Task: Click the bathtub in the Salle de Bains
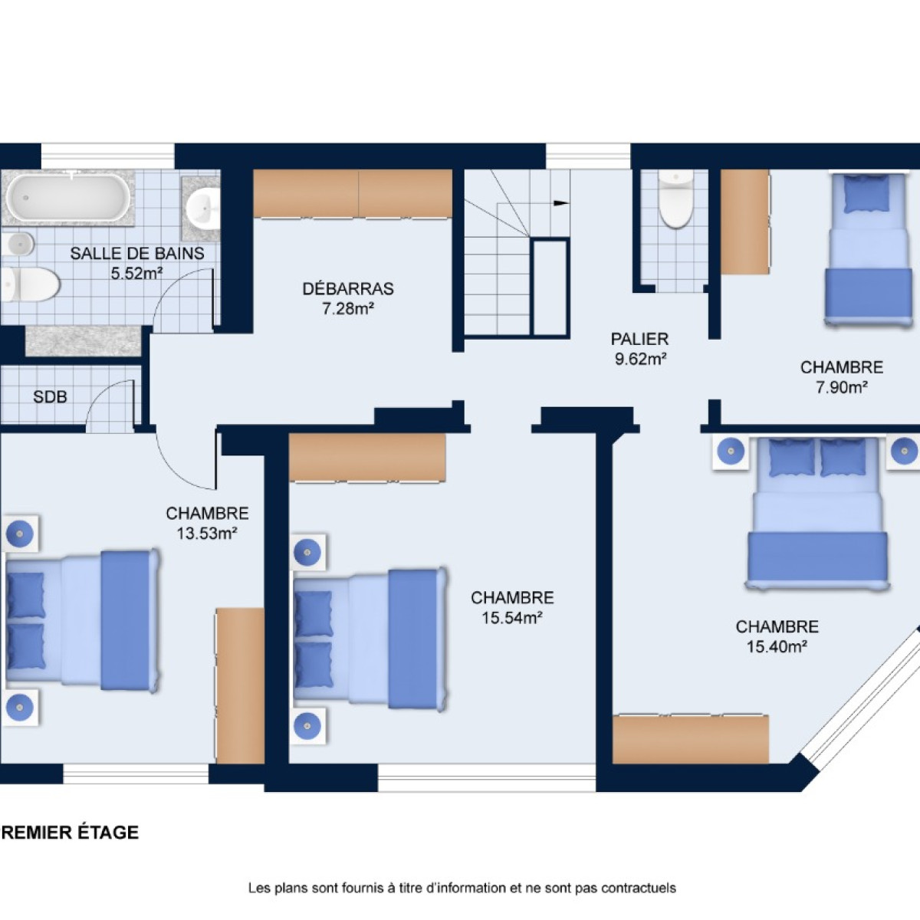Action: (x=67, y=197)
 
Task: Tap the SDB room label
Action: (x=50, y=396)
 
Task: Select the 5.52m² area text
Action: (x=136, y=274)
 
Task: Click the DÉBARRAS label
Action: (x=348, y=288)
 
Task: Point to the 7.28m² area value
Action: (x=347, y=309)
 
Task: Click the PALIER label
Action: (x=639, y=339)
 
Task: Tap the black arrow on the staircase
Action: (x=561, y=203)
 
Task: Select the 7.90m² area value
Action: (x=841, y=387)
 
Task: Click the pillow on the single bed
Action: (x=867, y=194)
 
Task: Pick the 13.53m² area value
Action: (x=207, y=533)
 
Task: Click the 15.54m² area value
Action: (x=512, y=618)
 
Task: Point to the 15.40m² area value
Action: (x=777, y=647)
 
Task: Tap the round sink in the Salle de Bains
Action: (x=203, y=209)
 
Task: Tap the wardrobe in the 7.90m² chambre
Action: (x=744, y=222)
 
